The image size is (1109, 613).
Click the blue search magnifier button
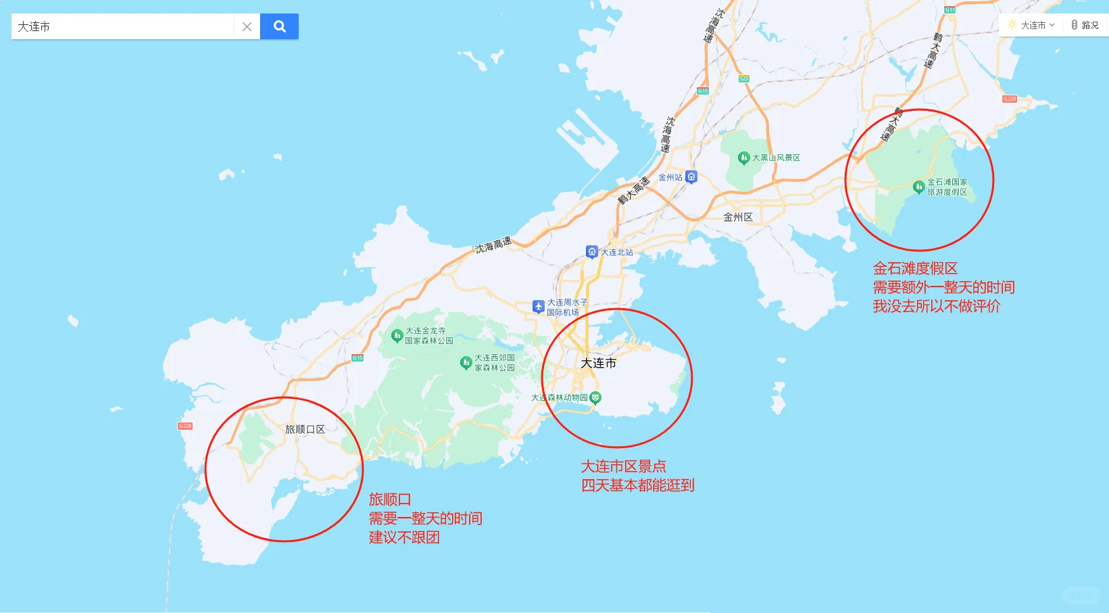[279, 26]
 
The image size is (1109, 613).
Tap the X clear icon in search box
[247, 27]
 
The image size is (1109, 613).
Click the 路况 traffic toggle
[1085, 25]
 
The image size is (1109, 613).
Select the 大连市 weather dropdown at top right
[1031, 25]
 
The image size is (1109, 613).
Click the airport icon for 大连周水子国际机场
[538, 307]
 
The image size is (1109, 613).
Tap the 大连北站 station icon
[592, 252]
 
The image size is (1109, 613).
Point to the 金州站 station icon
[691, 177]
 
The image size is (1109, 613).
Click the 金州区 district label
[738, 217]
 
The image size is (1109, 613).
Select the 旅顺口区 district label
[305, 429]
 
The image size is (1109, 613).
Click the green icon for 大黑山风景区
[743, 158]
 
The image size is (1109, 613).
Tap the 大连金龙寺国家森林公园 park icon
[397, 335]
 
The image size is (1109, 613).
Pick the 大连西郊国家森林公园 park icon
[466, 363]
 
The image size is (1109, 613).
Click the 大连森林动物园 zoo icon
[595, 397]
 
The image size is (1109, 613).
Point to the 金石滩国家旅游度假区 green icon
[918, 187]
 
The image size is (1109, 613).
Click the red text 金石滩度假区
[915, 268]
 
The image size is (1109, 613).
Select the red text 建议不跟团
[404, 537]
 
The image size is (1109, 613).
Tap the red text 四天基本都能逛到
[637, 485]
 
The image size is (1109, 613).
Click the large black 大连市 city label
[599, 363]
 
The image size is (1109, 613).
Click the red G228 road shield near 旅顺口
[185, 426]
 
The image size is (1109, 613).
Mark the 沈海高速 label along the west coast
[493, 245]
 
